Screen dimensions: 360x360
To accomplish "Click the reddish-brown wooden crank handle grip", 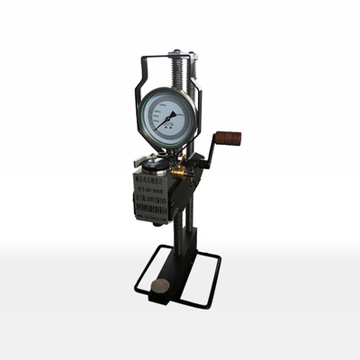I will click(x=228, y=139).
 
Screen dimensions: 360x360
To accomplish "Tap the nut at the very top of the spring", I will click(x=177, y=52).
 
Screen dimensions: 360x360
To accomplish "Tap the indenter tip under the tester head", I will click(x=157, y=223).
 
